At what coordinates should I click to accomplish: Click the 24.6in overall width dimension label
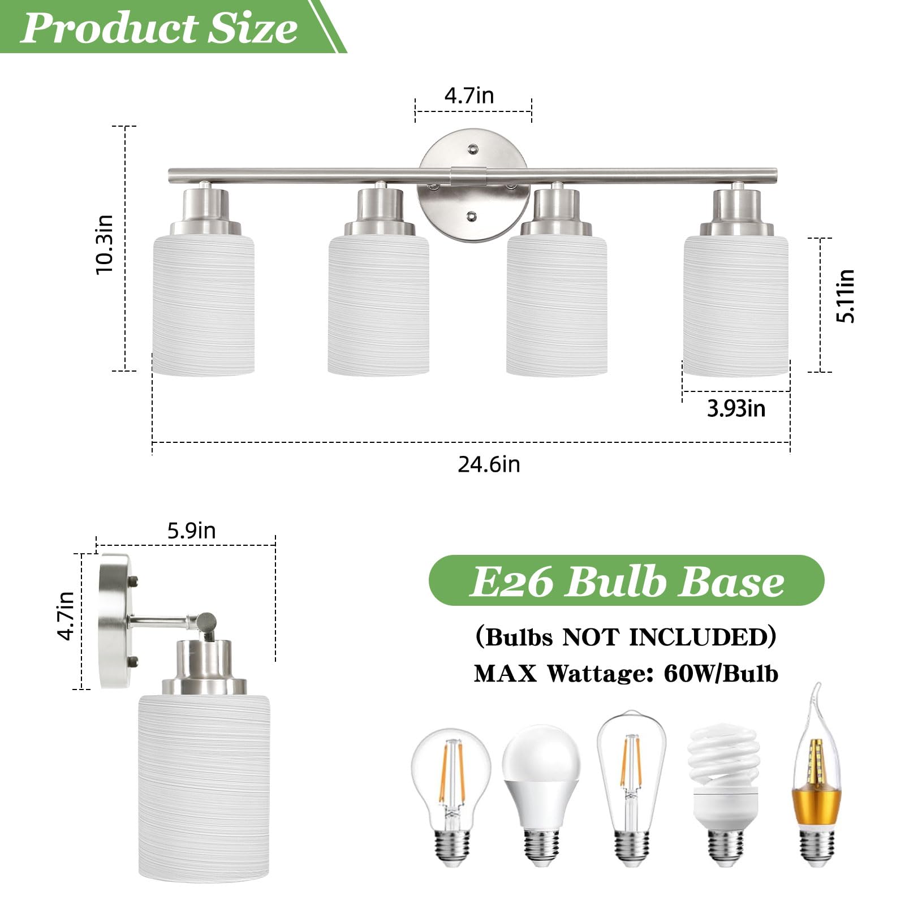tap(489, 464)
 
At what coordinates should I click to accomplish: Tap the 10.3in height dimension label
tap(105, 245)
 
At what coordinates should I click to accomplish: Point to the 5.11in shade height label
tap(845, 296)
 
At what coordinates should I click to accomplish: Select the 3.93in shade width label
tap(736, 408)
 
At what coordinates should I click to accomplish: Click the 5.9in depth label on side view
tap(191, 531)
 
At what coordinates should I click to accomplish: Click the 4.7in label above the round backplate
tap(469, 96)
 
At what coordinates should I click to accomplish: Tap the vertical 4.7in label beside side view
tap(66, 615)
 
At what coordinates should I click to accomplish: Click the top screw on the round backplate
tap(472, 149)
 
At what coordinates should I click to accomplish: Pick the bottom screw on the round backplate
tap(471, 216)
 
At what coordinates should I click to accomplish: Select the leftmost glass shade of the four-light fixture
tap(203, 305)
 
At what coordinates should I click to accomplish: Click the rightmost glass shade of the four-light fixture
tap(736, 305)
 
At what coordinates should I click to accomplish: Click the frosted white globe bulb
tap(541, 792)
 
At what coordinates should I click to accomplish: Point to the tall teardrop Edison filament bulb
tap(631, 786)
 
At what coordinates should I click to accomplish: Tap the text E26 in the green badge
tap(511, 581)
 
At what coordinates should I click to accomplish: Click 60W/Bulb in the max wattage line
tap(721, 674)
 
